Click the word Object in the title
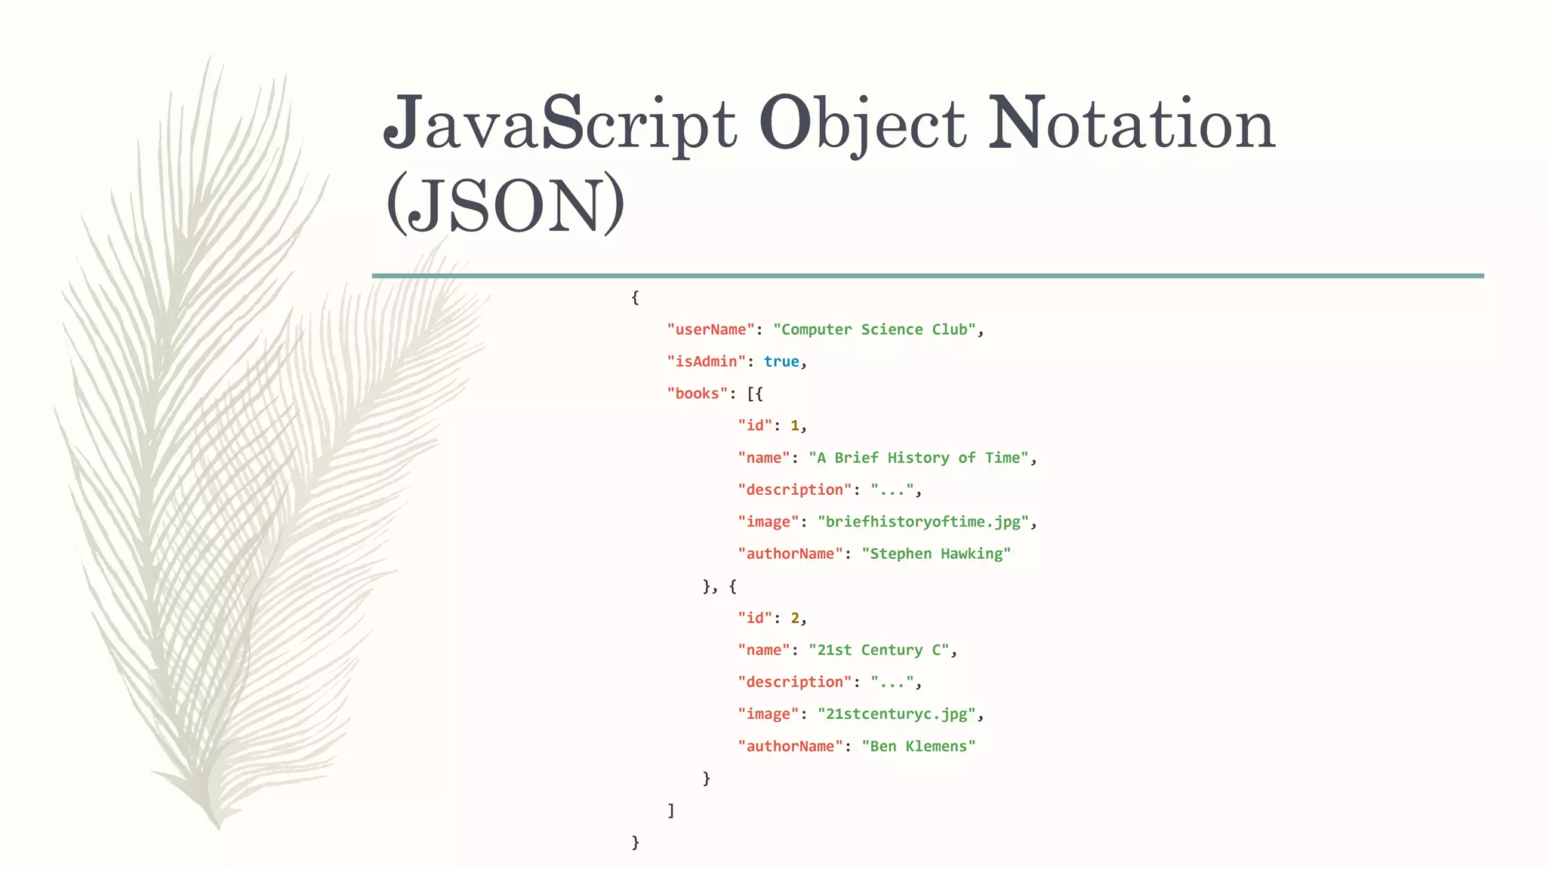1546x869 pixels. [x=862, y=124]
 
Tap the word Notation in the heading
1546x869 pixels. [x=1131, y=124]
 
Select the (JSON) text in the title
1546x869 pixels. [x=505, y=204]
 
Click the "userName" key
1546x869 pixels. [x=710, y=330]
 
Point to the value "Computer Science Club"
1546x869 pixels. [x=874, y=330]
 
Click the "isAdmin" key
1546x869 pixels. [x=706, y=361]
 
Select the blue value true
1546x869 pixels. [x=781, y=361]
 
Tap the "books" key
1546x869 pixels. [x=697, y=394]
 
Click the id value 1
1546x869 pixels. [x=795, y=425]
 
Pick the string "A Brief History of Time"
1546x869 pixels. [x=918, y=458]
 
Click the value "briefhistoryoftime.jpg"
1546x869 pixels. [x=923, y=522]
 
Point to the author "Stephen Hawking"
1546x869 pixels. [x=936, y=554]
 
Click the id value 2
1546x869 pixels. [x=795, y=619]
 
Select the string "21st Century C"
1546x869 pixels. [x=879, y=650]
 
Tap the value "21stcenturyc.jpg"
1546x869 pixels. [x=897, y=714]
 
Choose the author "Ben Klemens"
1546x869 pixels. [x=919, y=746]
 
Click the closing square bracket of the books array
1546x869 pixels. [x=671, y=810]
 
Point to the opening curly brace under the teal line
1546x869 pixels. [x=635, y=297]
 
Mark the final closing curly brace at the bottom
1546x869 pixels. [x=635, y=843]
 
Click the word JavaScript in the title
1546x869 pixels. [x=559, y=124]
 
